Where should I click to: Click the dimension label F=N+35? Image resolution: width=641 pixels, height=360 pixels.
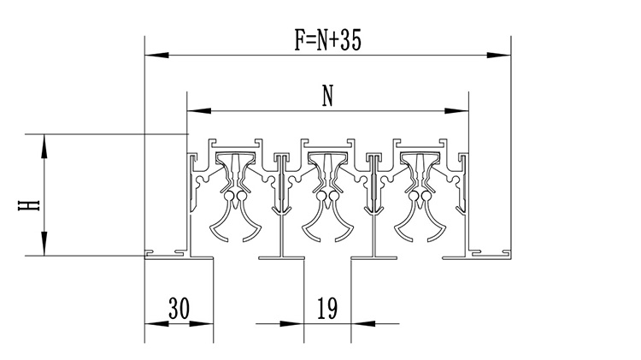pos(328,40)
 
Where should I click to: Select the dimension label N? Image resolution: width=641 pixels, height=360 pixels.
pos(327,95)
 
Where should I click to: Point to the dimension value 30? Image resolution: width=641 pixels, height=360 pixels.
pos(179,308)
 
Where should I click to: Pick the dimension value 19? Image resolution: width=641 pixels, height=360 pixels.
pos(327,308)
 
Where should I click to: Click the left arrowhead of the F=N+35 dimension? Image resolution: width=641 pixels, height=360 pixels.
pos(157,55)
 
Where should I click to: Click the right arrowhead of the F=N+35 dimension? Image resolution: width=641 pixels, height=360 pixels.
pos(499,55)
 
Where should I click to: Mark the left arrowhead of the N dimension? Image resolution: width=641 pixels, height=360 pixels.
pos(199,110)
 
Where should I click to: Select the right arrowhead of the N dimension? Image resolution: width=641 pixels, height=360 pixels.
pos(456,110)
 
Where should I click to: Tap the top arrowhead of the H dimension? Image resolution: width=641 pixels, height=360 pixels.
pos(44,146)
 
